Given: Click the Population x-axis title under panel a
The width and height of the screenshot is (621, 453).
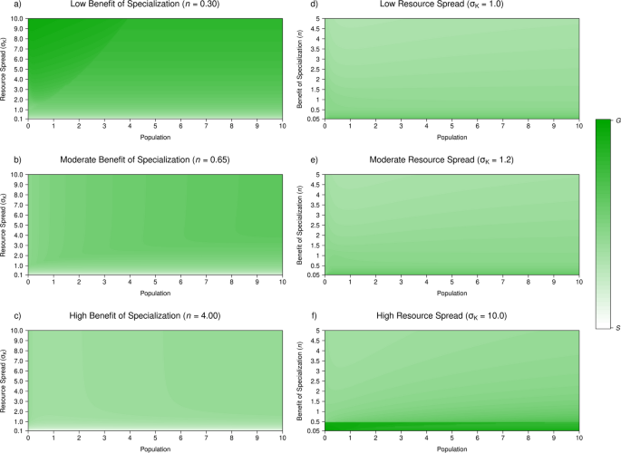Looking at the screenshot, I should pos(154,138).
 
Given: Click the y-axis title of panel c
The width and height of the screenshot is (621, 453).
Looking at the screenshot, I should pos(6,381).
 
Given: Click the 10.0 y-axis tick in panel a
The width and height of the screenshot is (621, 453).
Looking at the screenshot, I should pos(18,17).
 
